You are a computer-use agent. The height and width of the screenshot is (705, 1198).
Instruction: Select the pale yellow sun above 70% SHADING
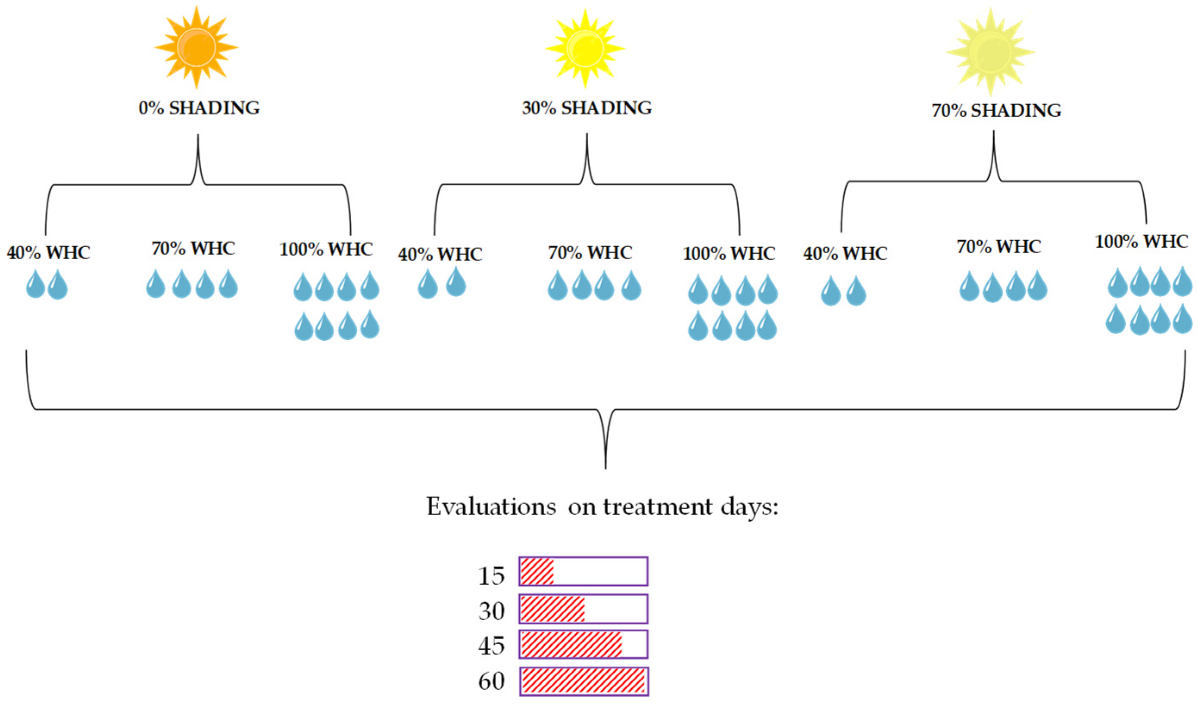(991, 52)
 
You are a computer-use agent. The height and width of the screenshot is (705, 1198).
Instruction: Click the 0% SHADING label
(199, 109)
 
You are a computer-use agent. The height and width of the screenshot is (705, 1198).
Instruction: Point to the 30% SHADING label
(587, 109)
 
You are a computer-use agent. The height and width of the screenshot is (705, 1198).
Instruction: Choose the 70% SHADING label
(996, 111)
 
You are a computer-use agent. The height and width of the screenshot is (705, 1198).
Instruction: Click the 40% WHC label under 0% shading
(49, 253)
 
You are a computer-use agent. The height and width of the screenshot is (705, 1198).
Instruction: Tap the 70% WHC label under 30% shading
(590, 253)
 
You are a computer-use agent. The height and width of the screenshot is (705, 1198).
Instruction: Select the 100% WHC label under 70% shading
(1141, 242)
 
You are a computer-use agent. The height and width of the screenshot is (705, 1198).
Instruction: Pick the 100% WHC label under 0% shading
(326, 249)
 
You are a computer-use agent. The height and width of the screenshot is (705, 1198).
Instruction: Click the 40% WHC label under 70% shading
(845, 254)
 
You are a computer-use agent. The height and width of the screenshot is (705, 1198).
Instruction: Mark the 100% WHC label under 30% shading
(729, 254)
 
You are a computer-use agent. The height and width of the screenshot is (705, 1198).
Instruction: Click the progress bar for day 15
(583, 571)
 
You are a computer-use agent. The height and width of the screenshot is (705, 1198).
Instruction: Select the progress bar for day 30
(583, 609)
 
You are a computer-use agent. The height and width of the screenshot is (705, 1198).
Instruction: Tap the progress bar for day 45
(583, 644)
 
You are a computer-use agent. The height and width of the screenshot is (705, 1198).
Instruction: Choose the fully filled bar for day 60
(583, 681)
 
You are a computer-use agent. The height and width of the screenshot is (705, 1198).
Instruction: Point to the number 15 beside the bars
(491, 576)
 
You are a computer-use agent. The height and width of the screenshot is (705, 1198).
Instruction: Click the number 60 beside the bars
(491, 681)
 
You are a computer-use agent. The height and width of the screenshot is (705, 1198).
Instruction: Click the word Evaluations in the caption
(491, 507)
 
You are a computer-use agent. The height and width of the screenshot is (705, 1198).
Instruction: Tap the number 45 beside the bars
(491, 646)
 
